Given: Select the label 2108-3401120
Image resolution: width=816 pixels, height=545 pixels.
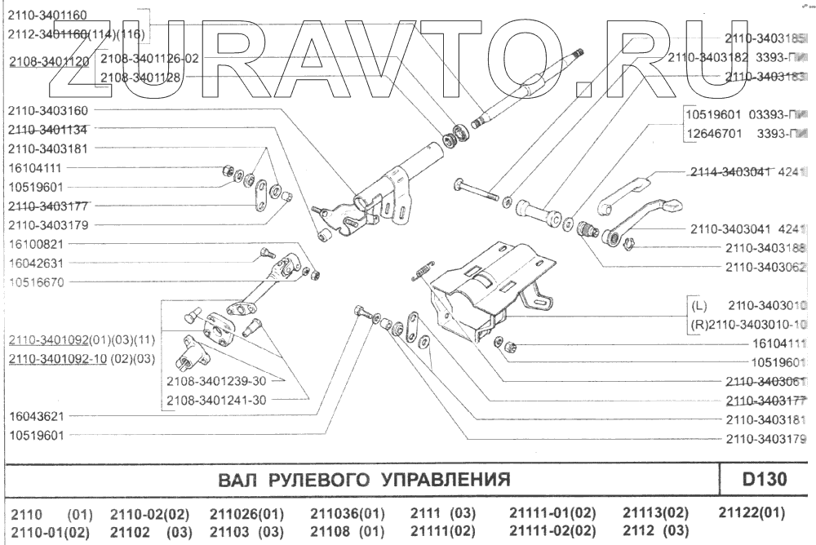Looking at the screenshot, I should pyautogui.click(x=49, y=61).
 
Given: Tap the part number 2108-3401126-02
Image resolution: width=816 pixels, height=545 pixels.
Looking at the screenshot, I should pyautogui.click(x=149, y=59).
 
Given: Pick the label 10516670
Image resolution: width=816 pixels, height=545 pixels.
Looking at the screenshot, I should pyautogui.click(x=36, y=282).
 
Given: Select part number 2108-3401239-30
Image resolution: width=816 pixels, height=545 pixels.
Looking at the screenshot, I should pyautogui.click(x=215, y=381).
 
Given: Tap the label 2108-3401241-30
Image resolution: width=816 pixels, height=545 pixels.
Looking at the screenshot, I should pyautogui.click(x=215, y=400).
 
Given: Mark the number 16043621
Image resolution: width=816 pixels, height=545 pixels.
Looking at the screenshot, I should pyautogui.click(x=36, y=416).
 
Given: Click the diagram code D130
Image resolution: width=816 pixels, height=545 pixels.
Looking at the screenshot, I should pyautogui.click(x=765, y=478).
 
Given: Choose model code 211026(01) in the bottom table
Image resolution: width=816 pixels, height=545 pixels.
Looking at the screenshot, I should pyautogui.click(x=246, y=514).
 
